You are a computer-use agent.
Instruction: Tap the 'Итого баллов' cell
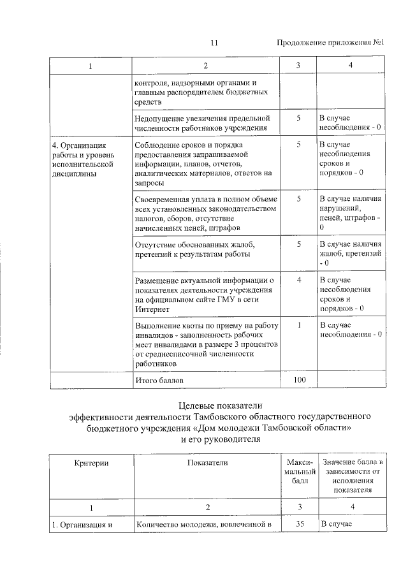(157, 381)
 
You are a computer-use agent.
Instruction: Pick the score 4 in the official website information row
(298, 280)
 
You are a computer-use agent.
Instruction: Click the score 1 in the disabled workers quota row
(298, 325)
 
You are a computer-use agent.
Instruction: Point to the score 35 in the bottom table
(298, 525)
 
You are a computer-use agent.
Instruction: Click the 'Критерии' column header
(91, 462)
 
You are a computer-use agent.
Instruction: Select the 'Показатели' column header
(207, 462)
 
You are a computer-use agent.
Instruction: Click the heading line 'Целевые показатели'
(220, 405)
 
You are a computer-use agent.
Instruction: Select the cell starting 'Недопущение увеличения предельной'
(203, 123)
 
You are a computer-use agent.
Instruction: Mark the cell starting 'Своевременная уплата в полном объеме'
(205, 213)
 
